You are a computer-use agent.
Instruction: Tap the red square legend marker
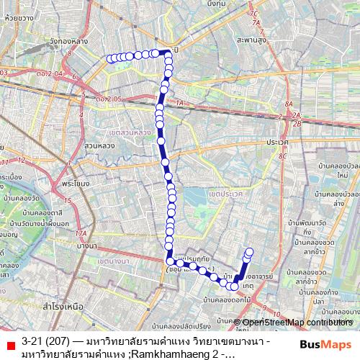[x=9, y=341]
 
